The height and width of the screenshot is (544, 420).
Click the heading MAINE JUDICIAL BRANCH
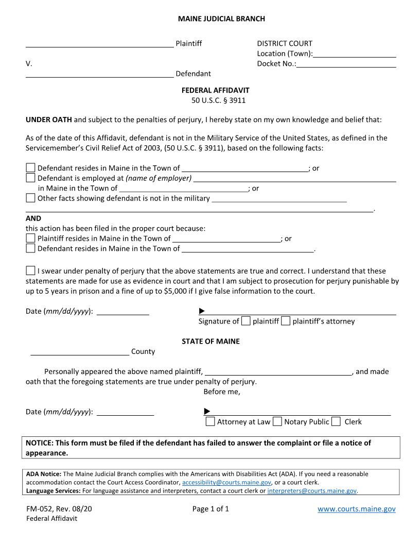tap(221, 19)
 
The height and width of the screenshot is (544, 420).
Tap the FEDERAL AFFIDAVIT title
tap(215, 90)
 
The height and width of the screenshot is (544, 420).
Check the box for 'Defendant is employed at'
tap(31, 178)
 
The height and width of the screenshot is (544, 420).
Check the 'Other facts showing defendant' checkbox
tap(31, 198)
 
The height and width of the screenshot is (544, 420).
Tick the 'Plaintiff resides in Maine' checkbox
tap(31, 239)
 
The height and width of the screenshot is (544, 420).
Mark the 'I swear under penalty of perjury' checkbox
tap(31, 271)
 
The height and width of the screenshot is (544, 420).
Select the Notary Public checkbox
tap(277, 422)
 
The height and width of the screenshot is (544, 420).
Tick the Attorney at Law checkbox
tap(210, 422)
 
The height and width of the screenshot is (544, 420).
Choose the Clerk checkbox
tap(336, 422)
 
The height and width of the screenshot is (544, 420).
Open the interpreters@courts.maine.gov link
tap(312, 491)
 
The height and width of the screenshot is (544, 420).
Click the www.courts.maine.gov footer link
tap(356, 509)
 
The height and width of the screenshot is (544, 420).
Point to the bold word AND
tap(33, 218)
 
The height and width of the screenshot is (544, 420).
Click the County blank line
tap(80, 351)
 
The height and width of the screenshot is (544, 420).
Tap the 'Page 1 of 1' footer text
tap(211, 509)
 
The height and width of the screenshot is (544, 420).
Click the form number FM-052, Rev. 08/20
tap(59, 509)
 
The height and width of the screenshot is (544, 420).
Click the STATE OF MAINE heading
tap(211, 342)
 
